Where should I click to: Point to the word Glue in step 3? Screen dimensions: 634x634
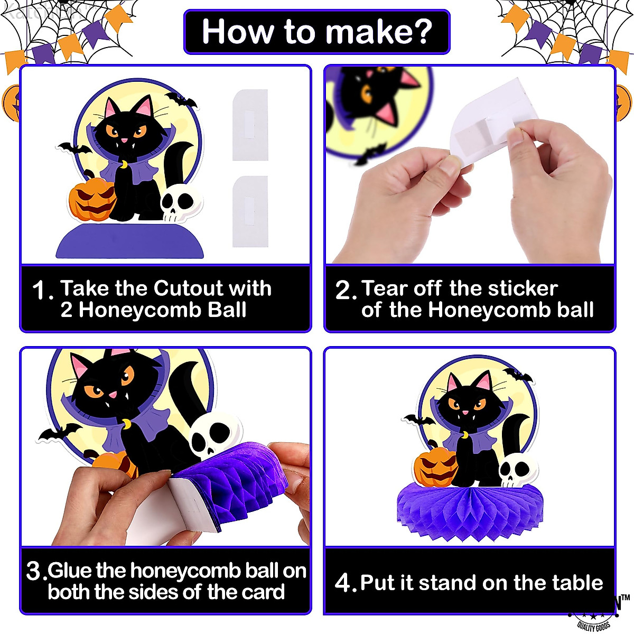coord(71,571)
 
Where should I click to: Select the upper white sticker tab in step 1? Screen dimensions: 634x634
coord(250,125)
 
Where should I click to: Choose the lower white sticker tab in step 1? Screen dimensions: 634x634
coord(250,211)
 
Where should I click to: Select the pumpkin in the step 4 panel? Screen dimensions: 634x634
coord(435,468)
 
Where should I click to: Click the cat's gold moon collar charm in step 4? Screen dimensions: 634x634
coord(465,435)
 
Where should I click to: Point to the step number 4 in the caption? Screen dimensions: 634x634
coord(343,583)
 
